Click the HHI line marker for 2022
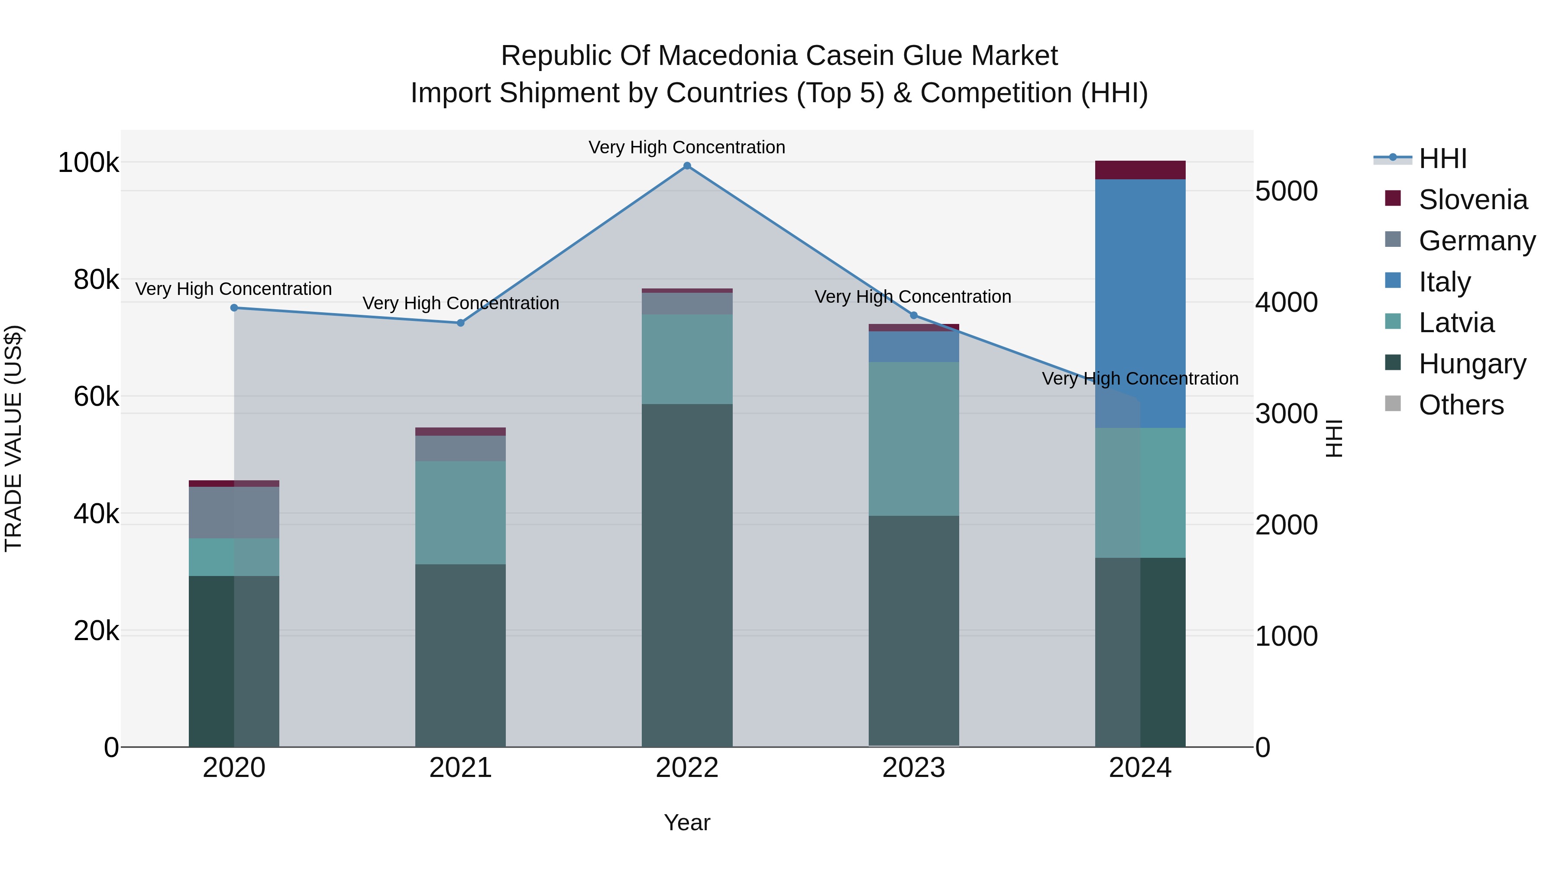687,166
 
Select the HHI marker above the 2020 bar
234,308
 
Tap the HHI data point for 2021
461,323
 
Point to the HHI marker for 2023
914,315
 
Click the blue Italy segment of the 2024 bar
1140,303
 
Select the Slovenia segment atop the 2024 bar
1140,170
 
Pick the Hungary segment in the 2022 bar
687,575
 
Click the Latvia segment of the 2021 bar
461,513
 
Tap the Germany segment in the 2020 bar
234,513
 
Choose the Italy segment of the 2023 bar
914,347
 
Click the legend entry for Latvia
1455,323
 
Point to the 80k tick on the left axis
96,280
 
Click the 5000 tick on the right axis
1286,191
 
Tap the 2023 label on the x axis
914,768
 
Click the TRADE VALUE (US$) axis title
13,438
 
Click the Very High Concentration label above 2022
687,147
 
